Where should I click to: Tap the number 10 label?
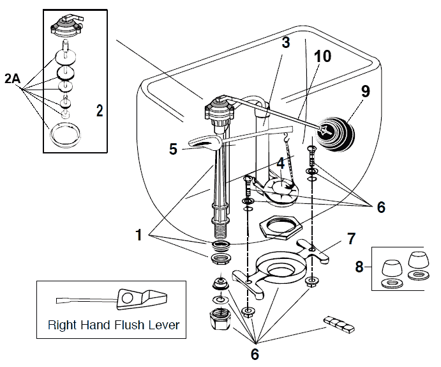pos(322,56)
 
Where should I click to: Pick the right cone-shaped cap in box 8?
pos(417,263)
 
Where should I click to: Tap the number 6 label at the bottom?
pos(255,353)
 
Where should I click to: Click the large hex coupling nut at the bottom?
pos(220,318)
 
